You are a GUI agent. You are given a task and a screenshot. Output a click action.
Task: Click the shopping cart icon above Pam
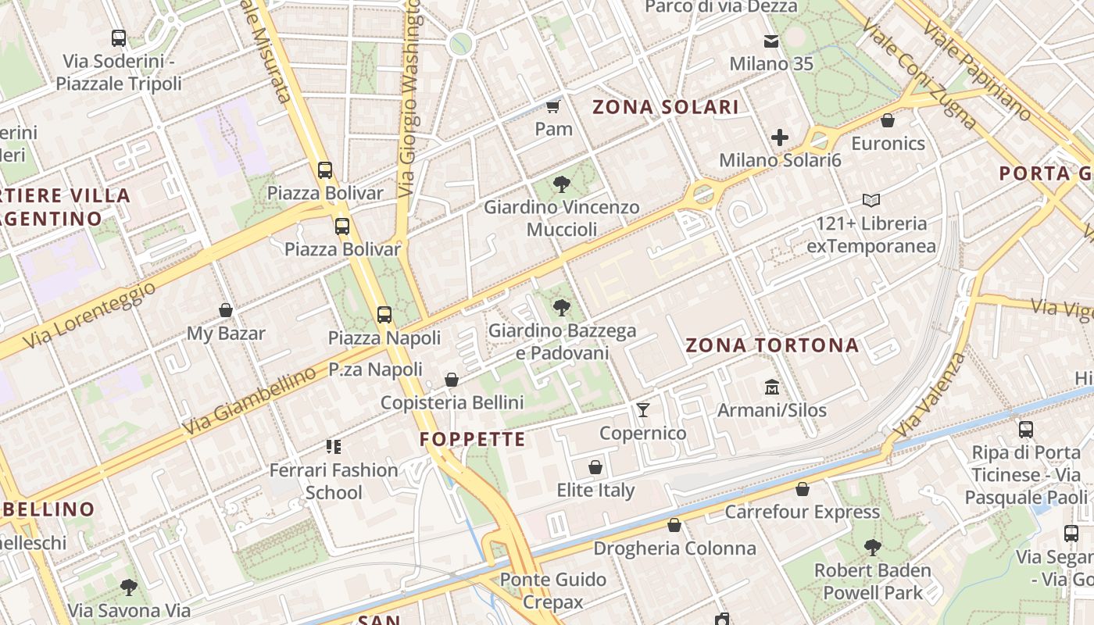pos(553,106)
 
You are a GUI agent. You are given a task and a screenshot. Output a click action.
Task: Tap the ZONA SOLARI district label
pos(666,107)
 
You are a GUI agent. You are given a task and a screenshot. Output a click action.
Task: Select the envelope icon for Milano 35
pos(771,41)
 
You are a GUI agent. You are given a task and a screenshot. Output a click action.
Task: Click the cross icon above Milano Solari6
pos(780,138)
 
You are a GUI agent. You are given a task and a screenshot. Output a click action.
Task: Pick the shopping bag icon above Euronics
pos(888,120)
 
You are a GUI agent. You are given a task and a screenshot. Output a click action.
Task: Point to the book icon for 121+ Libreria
pos(871,201)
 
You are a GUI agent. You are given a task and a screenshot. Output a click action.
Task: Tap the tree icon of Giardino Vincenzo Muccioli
pos(561,184)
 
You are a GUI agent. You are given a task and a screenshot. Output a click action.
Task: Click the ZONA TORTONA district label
pos(772,345)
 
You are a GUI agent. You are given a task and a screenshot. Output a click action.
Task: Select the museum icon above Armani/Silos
pos(772,387)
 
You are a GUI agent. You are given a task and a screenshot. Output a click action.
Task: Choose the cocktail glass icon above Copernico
pos(643,409)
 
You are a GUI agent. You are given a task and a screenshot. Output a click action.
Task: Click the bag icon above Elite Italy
pos(595,467)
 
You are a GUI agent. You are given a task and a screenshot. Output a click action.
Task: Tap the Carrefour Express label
pos(803,512)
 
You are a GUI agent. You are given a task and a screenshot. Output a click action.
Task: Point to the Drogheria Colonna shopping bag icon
pos(674,525)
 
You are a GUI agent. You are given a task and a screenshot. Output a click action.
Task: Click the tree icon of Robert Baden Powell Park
pos(873,548)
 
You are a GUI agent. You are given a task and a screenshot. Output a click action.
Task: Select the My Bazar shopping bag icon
pos(226,310)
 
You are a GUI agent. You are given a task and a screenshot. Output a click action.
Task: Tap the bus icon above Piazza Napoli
pos(384,315)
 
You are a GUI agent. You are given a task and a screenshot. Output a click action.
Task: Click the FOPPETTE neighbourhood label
pos(473,440)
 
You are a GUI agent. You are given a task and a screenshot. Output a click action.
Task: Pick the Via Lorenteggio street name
pos(89,316)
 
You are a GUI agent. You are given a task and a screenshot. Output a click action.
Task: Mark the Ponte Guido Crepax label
pos(553,591)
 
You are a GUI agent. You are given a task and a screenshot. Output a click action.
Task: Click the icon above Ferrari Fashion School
pos(334,447)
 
